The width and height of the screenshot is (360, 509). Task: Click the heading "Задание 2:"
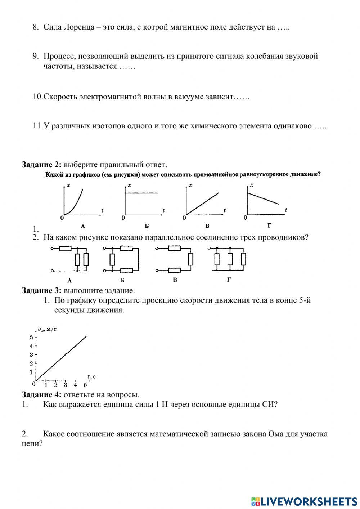[x=42, y=165]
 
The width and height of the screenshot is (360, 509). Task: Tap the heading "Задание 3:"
[x=42, y=290]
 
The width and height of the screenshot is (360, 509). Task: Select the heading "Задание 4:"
[x=42, y=395]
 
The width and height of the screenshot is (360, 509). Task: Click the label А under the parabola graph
[x=83, y=226]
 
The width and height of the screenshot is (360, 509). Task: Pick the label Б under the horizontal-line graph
[x=147, y=226]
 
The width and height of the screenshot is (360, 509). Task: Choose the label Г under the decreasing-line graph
[x=270, y=226]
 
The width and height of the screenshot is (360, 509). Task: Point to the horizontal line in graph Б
[x=141, y=193]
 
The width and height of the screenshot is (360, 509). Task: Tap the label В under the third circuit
[x=175, y=280]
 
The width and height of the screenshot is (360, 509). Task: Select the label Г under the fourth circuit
[x=229, y=279]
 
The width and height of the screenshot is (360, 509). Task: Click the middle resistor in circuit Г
[x=230, y=259]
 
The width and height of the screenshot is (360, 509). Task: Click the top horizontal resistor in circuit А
[x=66, y=248]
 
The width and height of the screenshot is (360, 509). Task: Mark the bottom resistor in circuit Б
[x=126, y=270]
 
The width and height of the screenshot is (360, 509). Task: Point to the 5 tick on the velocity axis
[x=31, y=337]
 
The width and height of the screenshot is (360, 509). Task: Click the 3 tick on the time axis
[x=66, y=385]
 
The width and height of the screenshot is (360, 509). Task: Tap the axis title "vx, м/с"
[x=47, y=329]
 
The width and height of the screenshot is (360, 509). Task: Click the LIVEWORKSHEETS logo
[x=304, y=501]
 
